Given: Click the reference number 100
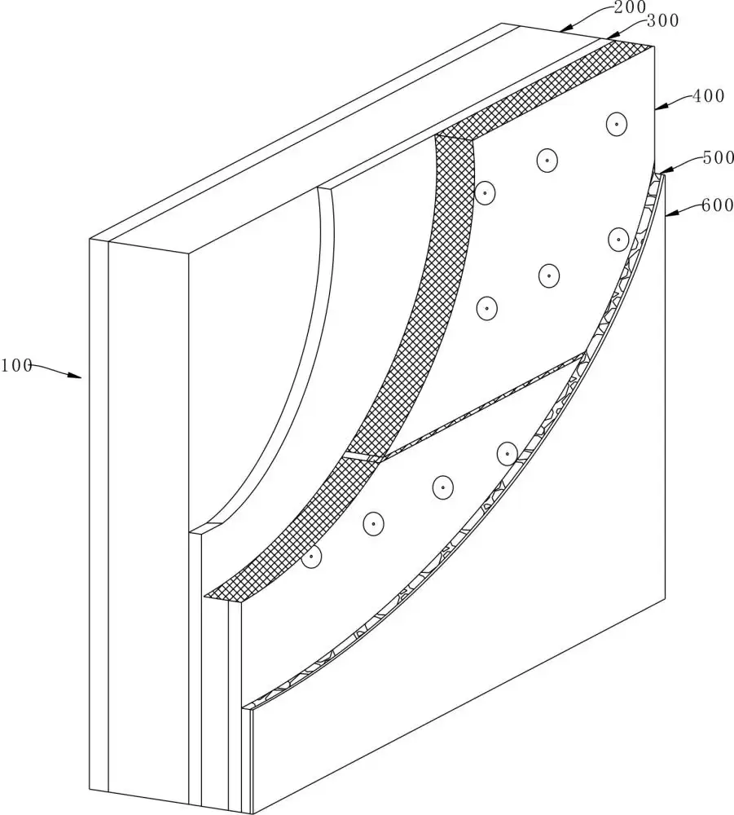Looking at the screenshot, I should click(15, 365).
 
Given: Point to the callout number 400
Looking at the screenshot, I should click(708, 95).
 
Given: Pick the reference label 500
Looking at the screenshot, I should click(718, 158).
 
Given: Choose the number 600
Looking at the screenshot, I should click(718, 205).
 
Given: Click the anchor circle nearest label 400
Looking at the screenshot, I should click(617, 124).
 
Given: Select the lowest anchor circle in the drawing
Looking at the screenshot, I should click(311, 557).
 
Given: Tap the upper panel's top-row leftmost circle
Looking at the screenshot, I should click(486, 192).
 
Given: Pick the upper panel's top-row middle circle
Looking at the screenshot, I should click(547, 160).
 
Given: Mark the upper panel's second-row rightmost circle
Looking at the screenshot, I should click(618, 240).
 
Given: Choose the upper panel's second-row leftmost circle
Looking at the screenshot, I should click(486, 308).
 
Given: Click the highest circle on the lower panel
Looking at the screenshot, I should click(507, 453).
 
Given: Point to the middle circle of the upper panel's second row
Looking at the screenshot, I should click(550, 275).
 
